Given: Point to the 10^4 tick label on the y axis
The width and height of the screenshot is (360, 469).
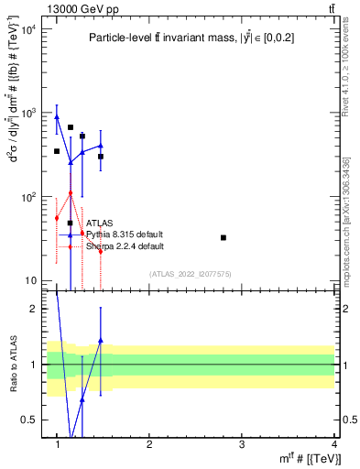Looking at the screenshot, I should click(x=29, y=29).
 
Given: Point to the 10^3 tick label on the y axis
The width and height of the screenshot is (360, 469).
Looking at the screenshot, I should click(x=29, y=113).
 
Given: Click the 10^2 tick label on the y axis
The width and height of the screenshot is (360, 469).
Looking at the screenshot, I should click(x=29, y=197).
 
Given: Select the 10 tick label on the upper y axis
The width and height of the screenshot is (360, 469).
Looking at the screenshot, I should click(x=32, y=280).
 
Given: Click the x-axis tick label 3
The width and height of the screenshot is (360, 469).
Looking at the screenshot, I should click(x=242, y=444).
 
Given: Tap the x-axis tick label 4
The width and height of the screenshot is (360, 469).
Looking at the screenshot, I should click(x=333, y=444).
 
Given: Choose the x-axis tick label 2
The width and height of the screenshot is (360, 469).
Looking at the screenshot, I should click(x=150, y=444).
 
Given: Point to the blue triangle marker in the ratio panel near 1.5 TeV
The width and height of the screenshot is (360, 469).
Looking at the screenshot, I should click(x=101, y=340).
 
